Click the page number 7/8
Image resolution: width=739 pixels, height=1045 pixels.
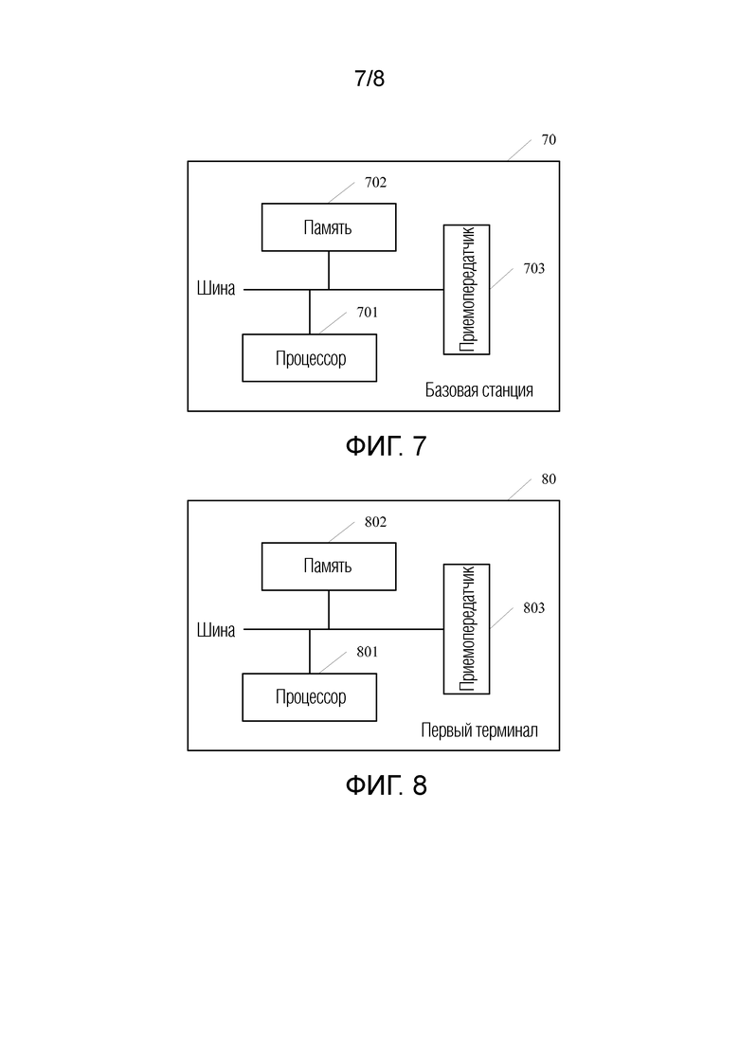[x=369, y=79]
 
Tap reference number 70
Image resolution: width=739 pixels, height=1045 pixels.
[x=549, y=140]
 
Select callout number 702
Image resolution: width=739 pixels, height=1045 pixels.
[x=375, y=183]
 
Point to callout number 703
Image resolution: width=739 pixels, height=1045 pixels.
[x=533, y=268]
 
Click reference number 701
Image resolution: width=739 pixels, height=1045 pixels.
[x=368, y=313]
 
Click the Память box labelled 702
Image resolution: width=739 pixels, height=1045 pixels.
[x=329, y=227]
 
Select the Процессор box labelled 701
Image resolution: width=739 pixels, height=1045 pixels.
[x=309, y=358]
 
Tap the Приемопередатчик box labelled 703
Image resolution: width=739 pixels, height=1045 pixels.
[x=466, y=289]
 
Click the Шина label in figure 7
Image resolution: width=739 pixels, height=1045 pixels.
[x=216, y=289]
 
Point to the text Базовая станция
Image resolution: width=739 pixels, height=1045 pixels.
[x=479, y=390]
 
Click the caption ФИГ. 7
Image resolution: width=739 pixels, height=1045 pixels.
[x=386, y=446]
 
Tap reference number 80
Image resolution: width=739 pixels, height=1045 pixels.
[x=549, y=479]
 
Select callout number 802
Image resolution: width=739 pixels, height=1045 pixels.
[x=375, y=522]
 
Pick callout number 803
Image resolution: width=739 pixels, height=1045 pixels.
[x=533, y=608]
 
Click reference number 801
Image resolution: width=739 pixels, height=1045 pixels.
[x=368, y=652]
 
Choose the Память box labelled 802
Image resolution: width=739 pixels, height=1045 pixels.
[x=329, y=567]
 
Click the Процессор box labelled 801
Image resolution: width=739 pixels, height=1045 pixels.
[x=309, y=697]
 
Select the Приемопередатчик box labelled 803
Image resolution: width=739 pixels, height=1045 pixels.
[x=466, y=628]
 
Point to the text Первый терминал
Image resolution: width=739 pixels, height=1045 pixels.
[x=479, y=730]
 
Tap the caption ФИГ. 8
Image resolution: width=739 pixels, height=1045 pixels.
[x=386, y=785]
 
